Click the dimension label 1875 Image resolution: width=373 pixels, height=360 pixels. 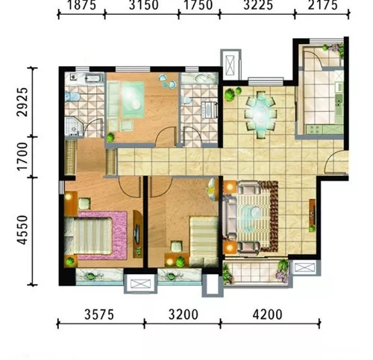pos(82,5)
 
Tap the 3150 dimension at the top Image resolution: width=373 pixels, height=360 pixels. pos(143,5)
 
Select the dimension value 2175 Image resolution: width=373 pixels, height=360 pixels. pos(323,5)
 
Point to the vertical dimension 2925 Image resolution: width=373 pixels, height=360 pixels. pos(22,102)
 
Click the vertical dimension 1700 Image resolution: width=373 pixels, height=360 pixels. pos(22,157)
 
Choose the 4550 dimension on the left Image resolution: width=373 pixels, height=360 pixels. pos(22,230)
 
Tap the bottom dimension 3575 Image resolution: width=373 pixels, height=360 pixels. pos(99,315)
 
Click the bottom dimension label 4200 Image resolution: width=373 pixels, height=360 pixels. pos(268,315)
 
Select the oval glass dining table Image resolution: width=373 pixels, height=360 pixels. pos(260,115)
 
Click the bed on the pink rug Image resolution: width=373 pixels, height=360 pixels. pos(88,236)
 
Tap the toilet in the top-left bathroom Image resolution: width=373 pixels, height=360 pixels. pos(72,97)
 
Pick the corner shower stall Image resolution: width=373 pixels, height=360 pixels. pos(74,127)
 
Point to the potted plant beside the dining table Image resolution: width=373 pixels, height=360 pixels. pos(230,95)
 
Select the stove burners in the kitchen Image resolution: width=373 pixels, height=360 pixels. pos(314,129)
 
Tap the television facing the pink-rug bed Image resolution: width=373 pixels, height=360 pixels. pos(137,233)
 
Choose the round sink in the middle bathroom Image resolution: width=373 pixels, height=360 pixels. pos(201,79)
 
